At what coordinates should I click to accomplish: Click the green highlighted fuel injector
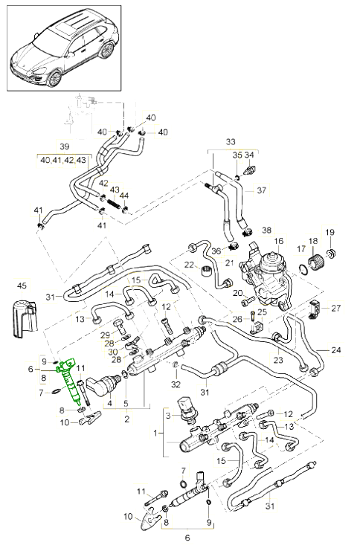tap(69, 381)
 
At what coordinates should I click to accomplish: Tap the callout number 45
tap(22, 286)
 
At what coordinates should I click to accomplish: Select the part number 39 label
tap(65, 146)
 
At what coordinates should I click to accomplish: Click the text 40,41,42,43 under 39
tap(63, 160)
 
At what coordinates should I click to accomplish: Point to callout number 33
tap(231, 142)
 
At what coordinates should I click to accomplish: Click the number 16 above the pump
tap(279, 241)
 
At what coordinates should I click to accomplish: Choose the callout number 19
tap(330, 232)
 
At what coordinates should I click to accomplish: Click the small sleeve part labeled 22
tap(205, 271)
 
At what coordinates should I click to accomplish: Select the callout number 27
tap(336, 309)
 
